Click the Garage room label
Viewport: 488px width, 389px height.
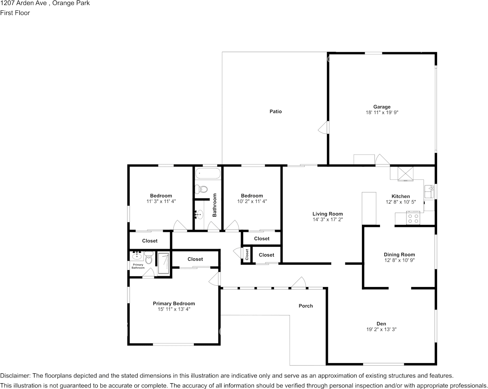382,107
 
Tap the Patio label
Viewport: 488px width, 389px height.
276,111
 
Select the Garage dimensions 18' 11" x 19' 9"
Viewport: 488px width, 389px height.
382,113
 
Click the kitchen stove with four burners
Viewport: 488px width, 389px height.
413,218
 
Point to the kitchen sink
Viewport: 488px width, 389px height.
429,192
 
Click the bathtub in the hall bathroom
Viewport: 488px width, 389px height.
208,173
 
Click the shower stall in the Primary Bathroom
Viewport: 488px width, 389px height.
163,263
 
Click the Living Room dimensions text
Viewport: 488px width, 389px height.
327,220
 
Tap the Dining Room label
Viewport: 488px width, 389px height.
399,255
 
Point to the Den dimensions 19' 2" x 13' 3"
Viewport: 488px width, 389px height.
382,329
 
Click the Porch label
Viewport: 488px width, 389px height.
306,306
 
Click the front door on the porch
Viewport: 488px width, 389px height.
299,283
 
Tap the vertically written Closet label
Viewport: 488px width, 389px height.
247,255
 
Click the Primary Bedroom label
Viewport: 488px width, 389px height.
174,303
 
